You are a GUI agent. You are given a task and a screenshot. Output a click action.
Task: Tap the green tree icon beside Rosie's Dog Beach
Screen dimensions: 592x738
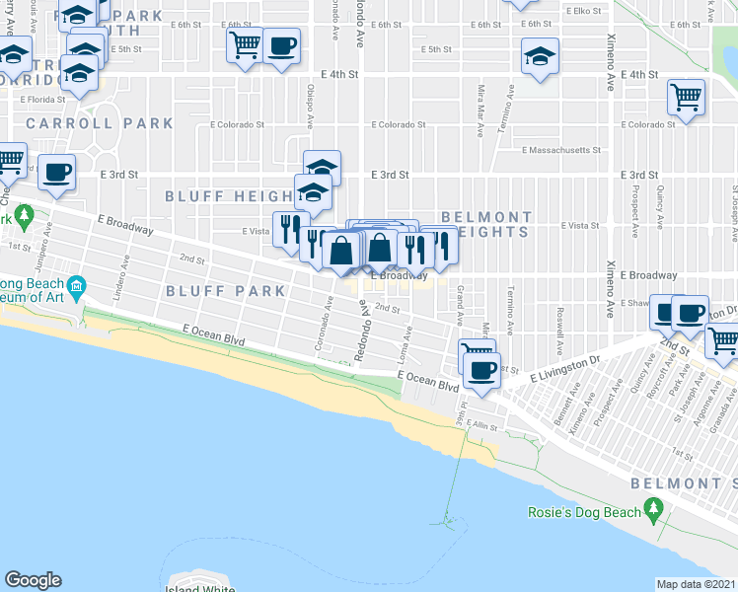coord(652,509)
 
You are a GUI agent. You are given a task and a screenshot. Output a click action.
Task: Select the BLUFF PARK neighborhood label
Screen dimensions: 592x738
coord(226,291)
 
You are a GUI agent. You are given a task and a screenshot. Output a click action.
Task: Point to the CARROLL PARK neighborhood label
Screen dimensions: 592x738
coord(100,123)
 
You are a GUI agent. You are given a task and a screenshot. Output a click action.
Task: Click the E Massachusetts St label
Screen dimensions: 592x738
coord(561,151)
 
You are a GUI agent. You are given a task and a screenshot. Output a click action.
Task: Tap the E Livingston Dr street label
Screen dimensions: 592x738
coord(564,371)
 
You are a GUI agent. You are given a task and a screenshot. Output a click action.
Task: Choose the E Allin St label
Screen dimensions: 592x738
coord(483,423)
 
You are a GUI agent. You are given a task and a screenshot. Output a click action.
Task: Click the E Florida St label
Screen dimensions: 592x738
coord(37,99)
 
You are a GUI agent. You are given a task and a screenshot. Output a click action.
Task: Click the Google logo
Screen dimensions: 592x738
coord(34,579)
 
